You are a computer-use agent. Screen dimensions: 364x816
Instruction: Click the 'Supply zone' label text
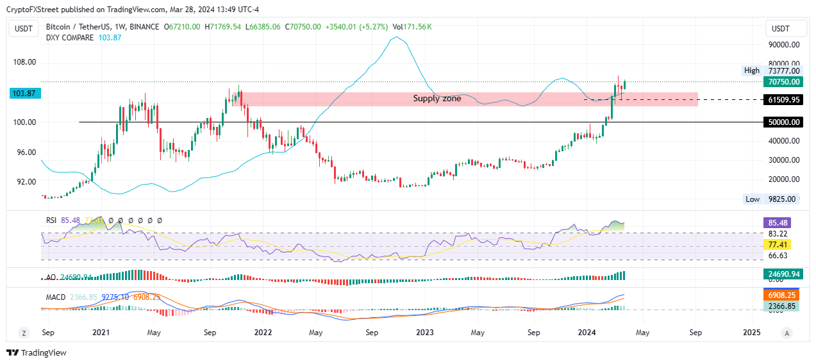(x=437, y=99)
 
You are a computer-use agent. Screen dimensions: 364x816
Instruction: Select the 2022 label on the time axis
(x=263, y=333)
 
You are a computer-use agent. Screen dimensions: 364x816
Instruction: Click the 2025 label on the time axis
(x=751, y=333)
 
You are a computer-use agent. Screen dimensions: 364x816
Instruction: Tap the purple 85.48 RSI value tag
(x=781, y=223)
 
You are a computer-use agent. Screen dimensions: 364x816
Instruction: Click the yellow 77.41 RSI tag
(x=781, y=245)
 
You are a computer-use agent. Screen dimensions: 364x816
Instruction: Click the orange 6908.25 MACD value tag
(x=781, y=296)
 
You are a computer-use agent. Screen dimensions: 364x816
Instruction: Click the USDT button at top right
(x=780, y=28)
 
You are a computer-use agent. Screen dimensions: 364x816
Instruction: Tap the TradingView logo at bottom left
(x=37, y=352)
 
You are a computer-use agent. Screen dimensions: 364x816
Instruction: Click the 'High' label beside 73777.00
(x=752, y=70)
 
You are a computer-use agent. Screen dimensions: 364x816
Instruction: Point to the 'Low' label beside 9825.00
(x=753, y=199)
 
